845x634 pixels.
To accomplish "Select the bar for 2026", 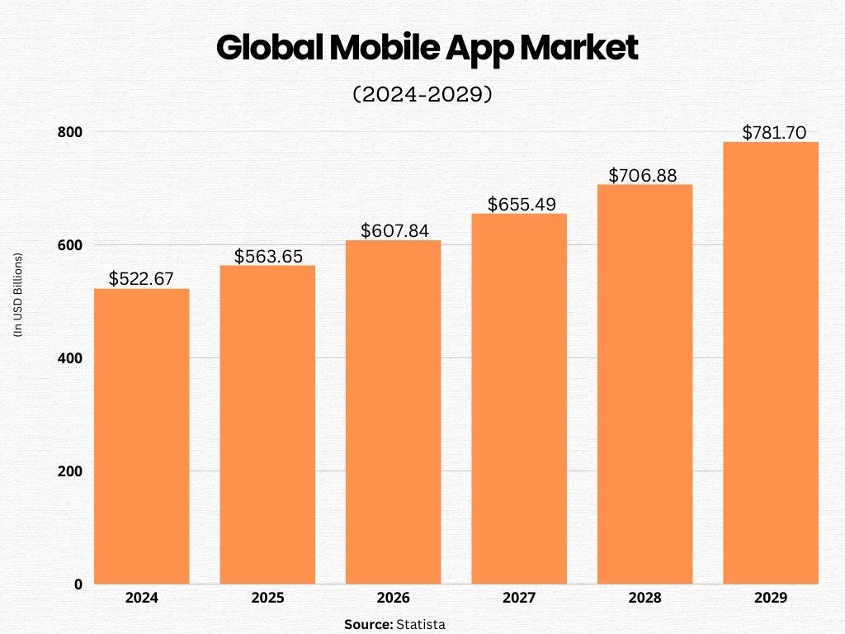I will tap(393, 412).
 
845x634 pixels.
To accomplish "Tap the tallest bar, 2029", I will tap(771, 363).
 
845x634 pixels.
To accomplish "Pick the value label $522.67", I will tap(142, 279).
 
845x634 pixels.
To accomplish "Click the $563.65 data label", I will tap(267, 256).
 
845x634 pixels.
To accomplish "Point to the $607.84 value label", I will tap(394, 231).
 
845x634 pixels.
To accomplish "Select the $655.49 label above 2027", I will tap(520, 204).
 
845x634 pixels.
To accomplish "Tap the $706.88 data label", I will tap(644, 175).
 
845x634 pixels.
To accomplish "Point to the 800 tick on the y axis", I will tap(71, 132).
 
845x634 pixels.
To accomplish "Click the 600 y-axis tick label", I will tap(71, 245).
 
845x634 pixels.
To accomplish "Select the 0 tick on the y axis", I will tap(78, 584).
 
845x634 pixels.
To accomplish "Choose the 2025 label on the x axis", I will tap(267, 598).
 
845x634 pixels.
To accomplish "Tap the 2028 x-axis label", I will tap(644, 598).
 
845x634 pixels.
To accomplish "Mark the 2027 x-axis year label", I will tap(519, 598).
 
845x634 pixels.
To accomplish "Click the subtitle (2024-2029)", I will tap(422, 95).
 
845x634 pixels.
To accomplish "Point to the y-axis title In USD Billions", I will tap(17, 294).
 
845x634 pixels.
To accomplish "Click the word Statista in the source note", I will tap(420, 625).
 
